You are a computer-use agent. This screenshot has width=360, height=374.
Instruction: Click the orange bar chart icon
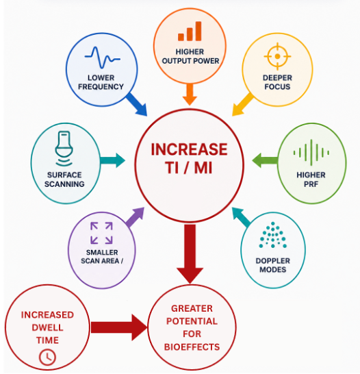[x=190, y=31]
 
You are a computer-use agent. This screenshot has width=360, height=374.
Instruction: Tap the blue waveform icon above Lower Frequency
[x=102, y=58]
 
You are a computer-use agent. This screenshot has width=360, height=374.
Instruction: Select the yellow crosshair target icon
[x=277, y=56]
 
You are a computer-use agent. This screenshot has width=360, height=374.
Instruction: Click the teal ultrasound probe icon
[x=64, y=148]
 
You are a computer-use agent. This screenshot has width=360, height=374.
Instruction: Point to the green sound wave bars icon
[x=311, y=153]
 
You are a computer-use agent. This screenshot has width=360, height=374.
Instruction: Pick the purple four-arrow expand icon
[x=101, y=233]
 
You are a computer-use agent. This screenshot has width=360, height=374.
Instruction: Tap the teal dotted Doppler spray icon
[x=273, y=235]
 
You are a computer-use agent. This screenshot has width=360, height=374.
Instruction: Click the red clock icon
[x=47, y=357]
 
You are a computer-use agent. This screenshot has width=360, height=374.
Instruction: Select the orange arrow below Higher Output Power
[x=190, y=95]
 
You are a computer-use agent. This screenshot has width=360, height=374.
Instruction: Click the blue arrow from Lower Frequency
[x=136, y=104]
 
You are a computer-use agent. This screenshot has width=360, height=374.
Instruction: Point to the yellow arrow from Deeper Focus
[x=242, y=105]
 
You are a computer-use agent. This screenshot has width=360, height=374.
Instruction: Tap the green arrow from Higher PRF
[x=265, y=160]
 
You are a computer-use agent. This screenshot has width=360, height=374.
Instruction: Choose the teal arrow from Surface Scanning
[x=112, y=160]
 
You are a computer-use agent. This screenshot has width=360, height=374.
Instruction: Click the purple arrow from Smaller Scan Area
[x=135, y=217]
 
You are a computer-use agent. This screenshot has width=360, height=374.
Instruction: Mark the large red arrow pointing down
[x=190, y=254]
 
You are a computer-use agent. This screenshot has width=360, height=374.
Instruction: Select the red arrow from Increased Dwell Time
[x=119, y=327]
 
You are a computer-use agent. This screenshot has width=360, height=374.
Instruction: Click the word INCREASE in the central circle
[x=189, y=149]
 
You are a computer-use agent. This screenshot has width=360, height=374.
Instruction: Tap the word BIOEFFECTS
[x=192, y=347]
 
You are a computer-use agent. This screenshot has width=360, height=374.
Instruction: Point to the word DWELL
[x=47, y=327]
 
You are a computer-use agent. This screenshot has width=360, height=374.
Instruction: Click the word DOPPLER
[x=273, y=261]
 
